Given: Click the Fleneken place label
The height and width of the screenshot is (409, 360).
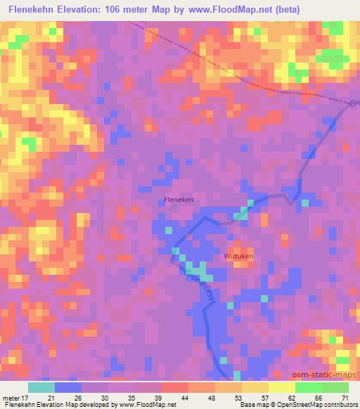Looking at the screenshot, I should (179, 200).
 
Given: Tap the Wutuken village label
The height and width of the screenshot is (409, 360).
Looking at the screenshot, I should (238, 257).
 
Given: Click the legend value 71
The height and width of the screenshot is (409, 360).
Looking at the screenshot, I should (344, 398).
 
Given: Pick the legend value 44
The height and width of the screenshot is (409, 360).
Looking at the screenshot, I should (185, 398).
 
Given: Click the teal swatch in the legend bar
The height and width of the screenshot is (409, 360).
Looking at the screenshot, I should (41, 387).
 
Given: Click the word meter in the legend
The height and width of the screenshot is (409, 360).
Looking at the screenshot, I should (11, 398).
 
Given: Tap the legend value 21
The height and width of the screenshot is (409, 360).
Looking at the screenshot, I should (52, 398).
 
